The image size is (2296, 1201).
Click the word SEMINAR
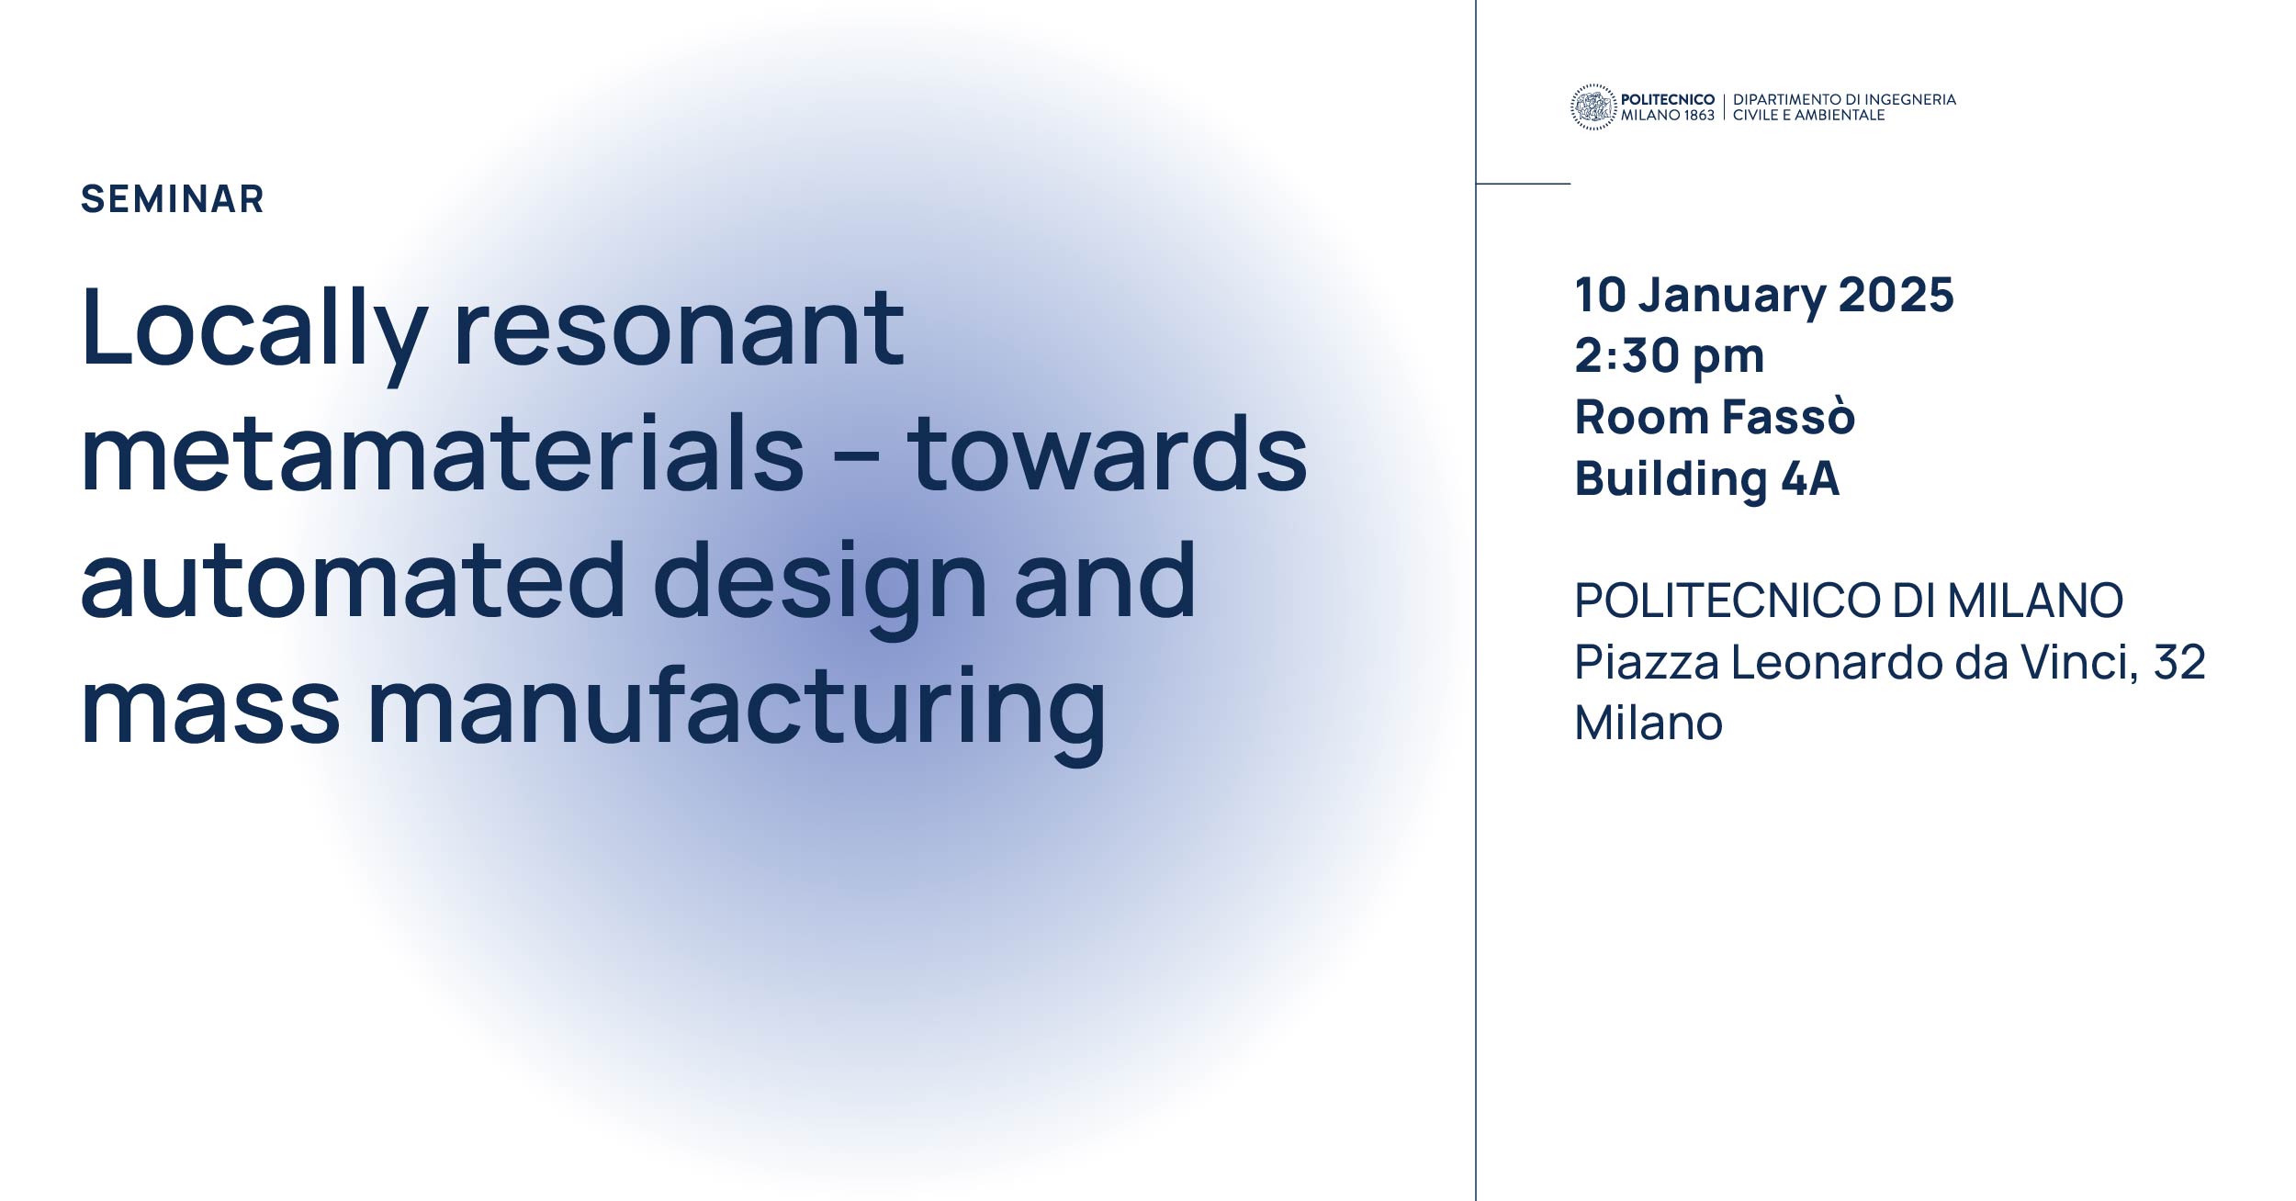click(173, 199)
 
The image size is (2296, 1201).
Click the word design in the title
click(819, 589)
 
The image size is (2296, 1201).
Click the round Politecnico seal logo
click(1593, 107)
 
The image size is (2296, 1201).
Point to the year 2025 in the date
click(1896, 295)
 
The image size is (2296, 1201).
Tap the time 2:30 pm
click(1670, 356)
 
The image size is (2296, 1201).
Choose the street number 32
click(2178, 662)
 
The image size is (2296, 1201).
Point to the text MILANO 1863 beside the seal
click(1668, 116)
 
